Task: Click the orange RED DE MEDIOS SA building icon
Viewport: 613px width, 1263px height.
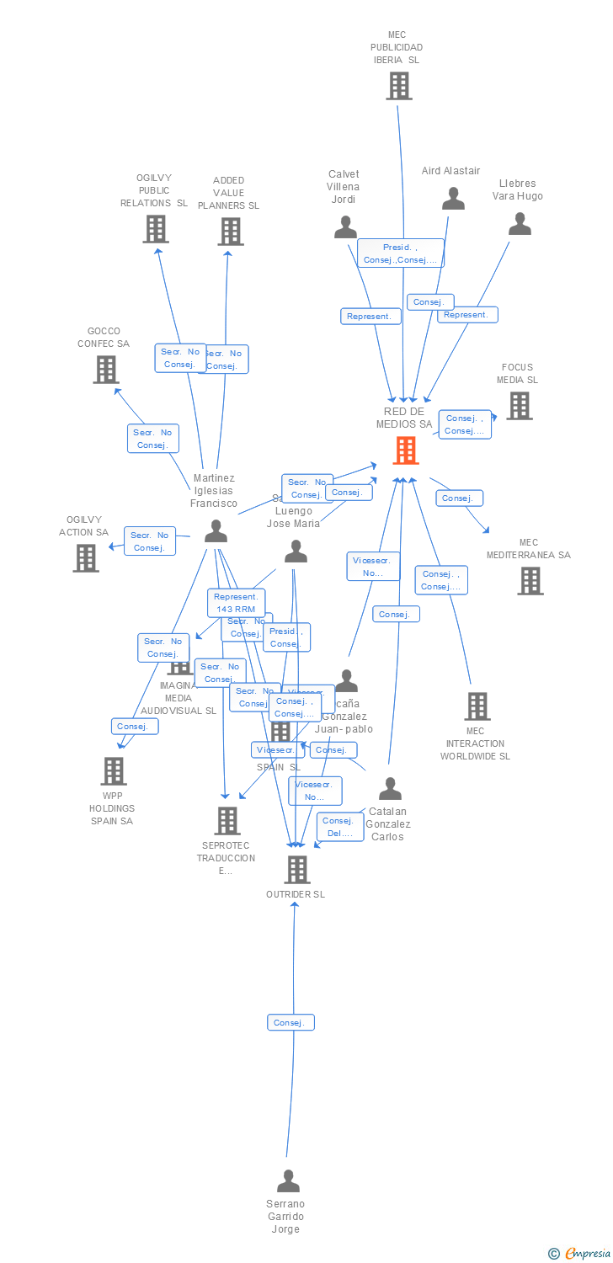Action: click(406, 450)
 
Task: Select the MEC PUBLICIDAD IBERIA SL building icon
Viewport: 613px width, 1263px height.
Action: click(399, 86)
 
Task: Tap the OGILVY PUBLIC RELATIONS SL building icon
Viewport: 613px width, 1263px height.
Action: click(155, 229)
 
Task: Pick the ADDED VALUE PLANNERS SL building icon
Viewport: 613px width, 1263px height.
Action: click(230, 232)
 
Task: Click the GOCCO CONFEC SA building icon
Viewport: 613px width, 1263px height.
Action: click(105, 370)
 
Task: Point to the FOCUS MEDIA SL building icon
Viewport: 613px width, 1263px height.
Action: click(519, 406)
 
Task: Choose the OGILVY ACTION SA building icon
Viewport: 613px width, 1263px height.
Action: click(85, 557)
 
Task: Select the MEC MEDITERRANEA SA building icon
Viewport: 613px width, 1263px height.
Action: click(530, 580)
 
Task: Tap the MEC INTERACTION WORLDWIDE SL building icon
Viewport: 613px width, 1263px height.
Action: click(477, 706)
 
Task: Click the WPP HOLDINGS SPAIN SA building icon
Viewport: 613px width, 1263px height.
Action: click(113, 770)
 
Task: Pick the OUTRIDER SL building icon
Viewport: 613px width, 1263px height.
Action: click(296, 870)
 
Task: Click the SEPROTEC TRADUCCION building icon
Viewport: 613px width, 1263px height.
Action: click(227, 821)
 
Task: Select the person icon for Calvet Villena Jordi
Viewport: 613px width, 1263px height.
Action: click(345, 227)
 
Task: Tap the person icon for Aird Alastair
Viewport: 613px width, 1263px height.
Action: click(453, 199)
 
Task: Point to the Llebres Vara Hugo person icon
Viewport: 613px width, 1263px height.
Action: click(520, 224)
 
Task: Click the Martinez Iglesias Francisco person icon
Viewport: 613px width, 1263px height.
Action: click(216, 530)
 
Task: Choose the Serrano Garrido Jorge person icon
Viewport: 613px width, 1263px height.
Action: click(288, 1181)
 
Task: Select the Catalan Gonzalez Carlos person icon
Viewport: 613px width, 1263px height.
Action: click(390, 789)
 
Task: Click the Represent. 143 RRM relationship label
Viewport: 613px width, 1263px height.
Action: click(236, 603)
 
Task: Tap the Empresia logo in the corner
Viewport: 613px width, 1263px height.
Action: click(580, 1254)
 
